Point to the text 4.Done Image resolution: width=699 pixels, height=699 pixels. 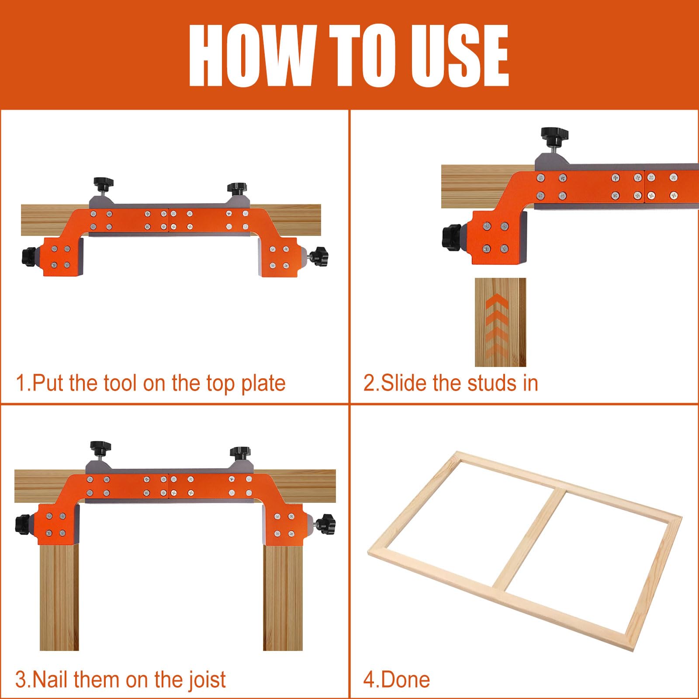397,680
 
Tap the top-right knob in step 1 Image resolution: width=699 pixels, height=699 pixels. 236,189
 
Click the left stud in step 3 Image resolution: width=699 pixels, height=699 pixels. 59,598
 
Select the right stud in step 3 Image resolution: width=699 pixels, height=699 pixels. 283,598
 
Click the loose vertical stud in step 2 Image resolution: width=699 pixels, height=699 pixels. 500,322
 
